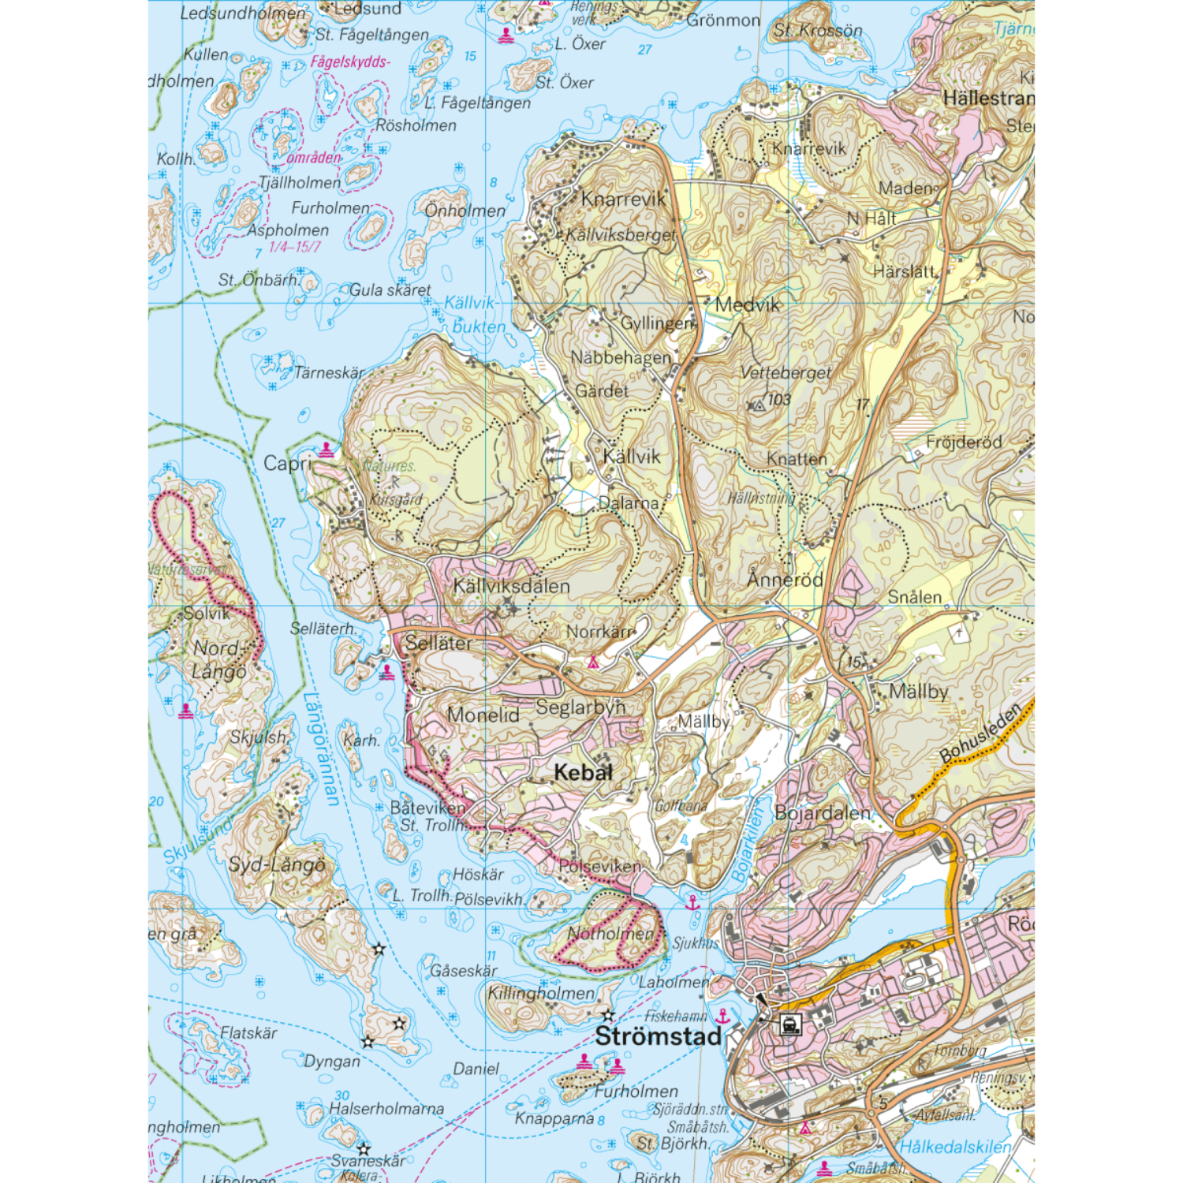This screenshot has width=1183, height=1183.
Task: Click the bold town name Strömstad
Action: [658, 1036]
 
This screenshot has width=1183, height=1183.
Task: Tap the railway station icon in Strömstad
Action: [789, 1024]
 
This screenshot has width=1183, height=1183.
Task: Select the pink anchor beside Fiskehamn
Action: [722, 1016]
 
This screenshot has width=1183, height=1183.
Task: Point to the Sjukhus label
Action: [696, 943]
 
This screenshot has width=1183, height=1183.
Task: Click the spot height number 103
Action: [779, 400]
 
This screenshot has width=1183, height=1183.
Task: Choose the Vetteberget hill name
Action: [786, 373]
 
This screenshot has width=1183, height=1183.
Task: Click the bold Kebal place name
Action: [583, 773]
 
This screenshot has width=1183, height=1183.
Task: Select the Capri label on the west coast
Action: [287, 464]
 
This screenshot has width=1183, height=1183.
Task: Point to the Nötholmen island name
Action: [611, 934]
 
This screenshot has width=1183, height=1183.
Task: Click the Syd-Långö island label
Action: [277, 865]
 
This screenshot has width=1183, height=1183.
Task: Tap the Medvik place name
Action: [747, 305]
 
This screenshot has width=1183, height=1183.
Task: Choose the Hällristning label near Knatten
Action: [761, 498]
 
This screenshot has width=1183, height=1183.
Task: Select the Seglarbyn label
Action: [580, 707]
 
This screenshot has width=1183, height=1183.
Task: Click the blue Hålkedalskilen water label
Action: [955, 1147]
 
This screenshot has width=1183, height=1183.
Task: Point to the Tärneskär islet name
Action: [330, 373]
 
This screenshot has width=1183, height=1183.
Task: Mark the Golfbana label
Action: [681, 806]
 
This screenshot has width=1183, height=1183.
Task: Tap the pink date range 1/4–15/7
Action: [295, 247]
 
